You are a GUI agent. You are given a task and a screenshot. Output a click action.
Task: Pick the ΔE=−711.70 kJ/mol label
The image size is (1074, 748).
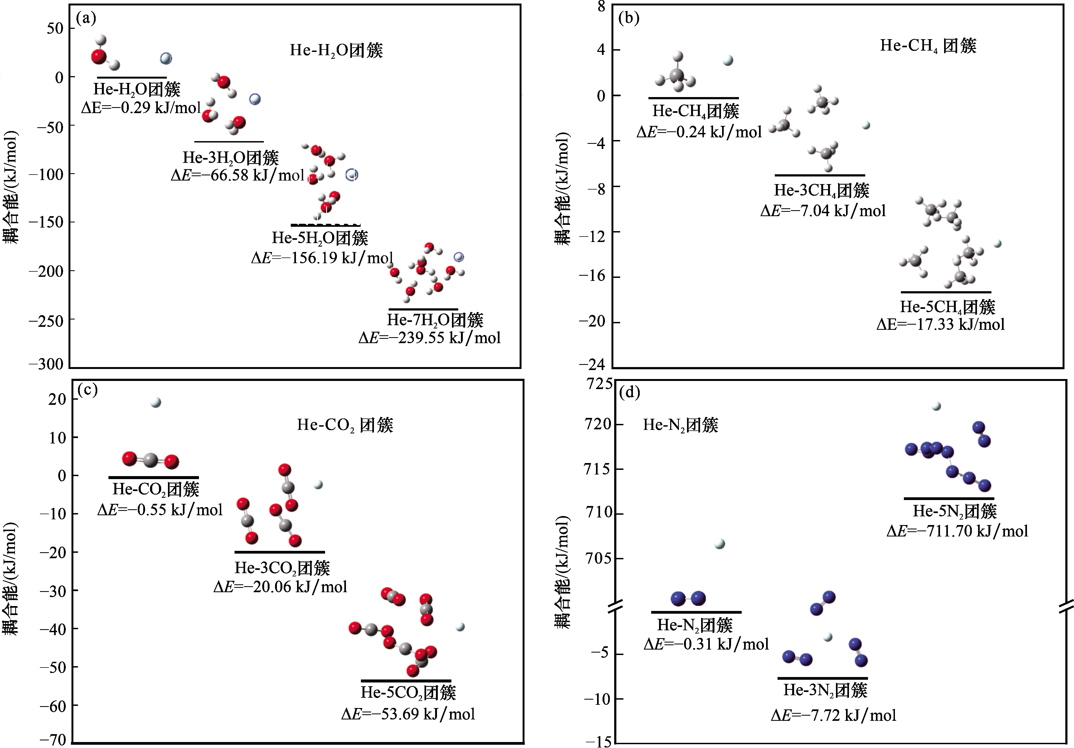pyautogui.click(x=957, y=531)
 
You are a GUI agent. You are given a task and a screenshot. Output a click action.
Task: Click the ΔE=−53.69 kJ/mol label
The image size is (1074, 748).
pyautogui.click(x=408, y=714)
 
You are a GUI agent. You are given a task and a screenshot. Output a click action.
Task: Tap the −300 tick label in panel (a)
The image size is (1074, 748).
pyautogui.click(x=46, y=364)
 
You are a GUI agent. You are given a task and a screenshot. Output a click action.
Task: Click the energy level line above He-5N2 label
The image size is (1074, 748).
pyautogui.click(x=949, y=498)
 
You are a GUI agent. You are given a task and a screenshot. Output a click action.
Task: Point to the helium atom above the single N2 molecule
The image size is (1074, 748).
pyautogui.click(x=720, y=544)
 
